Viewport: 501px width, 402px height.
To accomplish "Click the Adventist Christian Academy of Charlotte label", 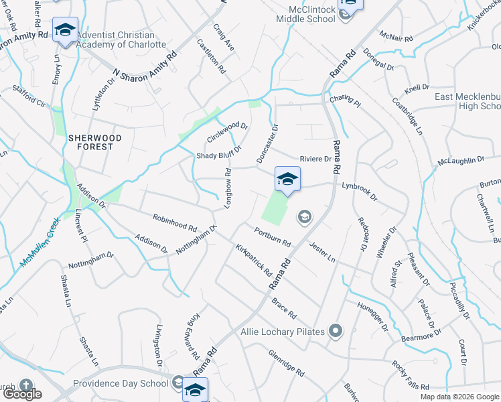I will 121,40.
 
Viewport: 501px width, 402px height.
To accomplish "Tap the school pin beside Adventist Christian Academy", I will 65,30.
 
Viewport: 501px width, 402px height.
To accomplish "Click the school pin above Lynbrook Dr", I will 287,180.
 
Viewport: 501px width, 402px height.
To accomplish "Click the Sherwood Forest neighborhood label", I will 95,142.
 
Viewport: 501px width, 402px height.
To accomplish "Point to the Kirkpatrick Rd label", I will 253,260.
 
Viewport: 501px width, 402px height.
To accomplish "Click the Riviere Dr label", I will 315,159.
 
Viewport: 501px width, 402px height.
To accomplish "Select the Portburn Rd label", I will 272,237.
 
